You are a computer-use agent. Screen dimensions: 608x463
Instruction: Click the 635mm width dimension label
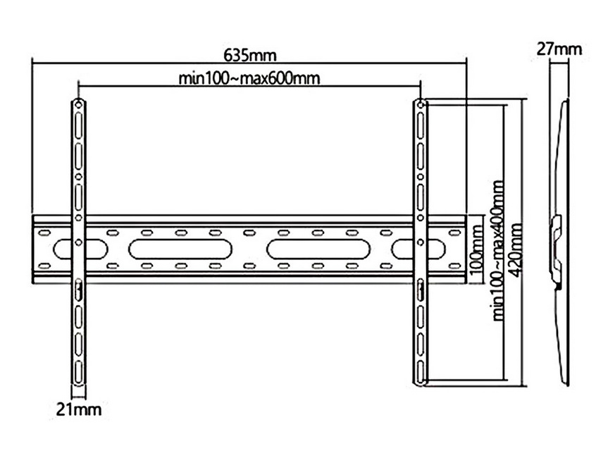pos(250,56)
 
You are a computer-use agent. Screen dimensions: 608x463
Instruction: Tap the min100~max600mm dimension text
pos(249,78)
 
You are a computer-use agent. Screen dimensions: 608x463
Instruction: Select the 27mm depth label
pos(559,49)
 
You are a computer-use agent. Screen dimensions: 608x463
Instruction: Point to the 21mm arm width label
pos(79,409)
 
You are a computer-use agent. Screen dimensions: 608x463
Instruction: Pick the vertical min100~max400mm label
pos(498,250)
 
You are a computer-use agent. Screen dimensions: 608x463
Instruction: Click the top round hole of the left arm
pos(79,105)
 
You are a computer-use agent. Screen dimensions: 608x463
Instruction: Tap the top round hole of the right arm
pos(421,104)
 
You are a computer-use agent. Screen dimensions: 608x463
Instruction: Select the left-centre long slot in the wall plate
pos(180,249)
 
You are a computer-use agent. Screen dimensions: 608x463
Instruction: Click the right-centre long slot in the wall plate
pos(318,249)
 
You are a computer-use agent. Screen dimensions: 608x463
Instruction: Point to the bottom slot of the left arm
pos(79,372)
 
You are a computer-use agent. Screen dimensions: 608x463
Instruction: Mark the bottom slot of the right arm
pos(421,372)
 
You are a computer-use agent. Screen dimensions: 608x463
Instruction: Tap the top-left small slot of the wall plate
pos(44,233)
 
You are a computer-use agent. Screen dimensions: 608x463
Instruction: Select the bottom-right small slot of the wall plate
pos(454,266)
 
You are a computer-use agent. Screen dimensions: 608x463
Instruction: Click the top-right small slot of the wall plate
pos(454,233)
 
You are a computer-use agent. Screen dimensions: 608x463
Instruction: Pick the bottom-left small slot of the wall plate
pos(44,266)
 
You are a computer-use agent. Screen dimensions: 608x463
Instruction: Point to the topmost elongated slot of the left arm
pos(79,125)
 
